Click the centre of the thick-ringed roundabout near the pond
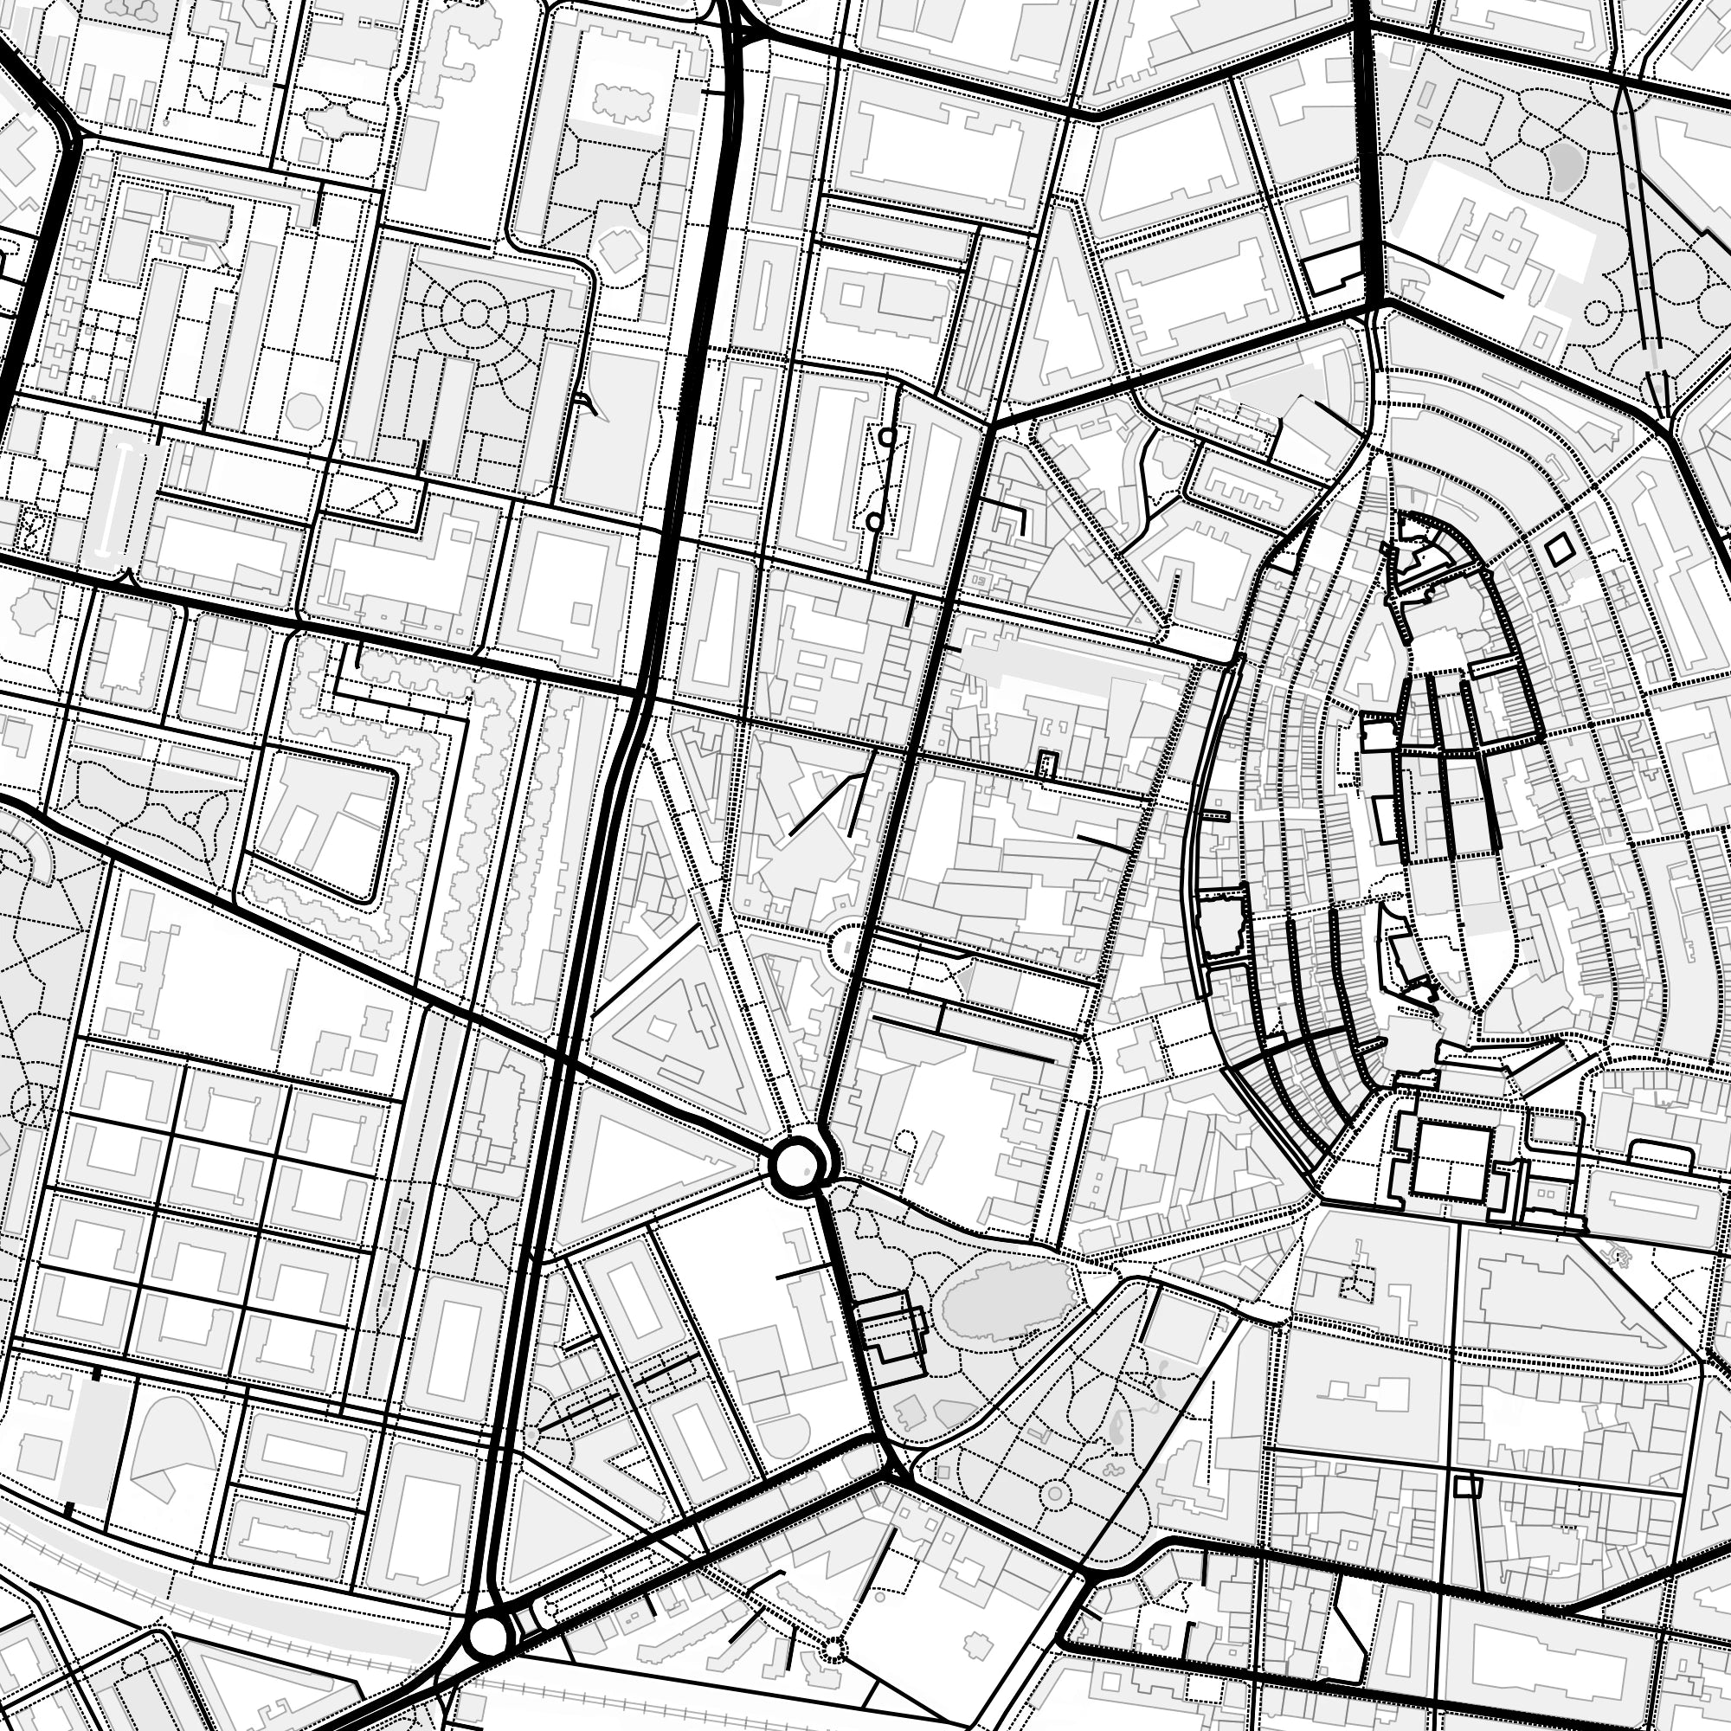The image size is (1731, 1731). click(795, 1165)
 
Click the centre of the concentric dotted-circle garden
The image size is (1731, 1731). click(474, 312)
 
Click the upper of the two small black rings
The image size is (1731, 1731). click(887, 436)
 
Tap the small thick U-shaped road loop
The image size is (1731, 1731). click(1046, 765)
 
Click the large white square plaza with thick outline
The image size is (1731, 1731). click(1451, 1155)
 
